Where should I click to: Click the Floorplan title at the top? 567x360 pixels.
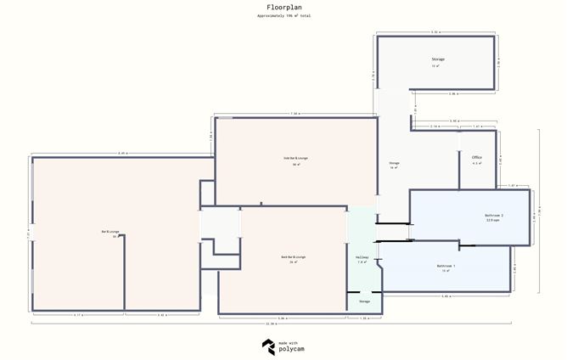pyautogui.click(x=283, y=7)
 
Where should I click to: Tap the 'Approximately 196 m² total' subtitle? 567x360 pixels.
pyautogui.click(x=283, y=16)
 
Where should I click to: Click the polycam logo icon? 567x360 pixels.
pyautogui.click(x=268, y=346)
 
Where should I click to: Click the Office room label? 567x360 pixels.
pyautogui.click(x=477, y=157)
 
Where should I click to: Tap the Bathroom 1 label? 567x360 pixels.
pyautogui.click(x=446, y=266)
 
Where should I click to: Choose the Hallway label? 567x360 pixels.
pyautogui.click(x=362, y=257)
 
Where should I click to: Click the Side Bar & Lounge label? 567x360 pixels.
pyautogui.click(x=295, y=158)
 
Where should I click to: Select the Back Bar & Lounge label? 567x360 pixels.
pyautogui.click(x=294, y=256)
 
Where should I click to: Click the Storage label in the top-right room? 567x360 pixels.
pyautogui.click(x=438, y=59)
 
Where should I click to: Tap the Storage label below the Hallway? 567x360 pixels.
pyautogui.click(x=364, y=301)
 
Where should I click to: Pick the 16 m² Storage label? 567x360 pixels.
pyautogui.click(x=394, y=163)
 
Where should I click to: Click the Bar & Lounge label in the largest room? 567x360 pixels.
pyautogui.click(x=109, y=231)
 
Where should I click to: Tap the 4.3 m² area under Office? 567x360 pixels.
pyautogui.click(x=477, y=163)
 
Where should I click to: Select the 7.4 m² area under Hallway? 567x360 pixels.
pyautogui.click(x=362, y=263)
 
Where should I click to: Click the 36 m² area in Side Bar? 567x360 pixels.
pyautogui.click(x=295, y=164)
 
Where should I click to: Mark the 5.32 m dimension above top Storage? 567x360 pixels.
pyautogui.click(x=435, y=31)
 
